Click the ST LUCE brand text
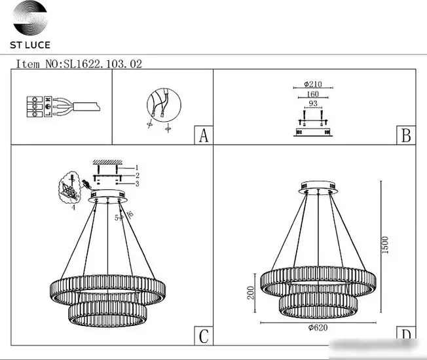click(30, 45)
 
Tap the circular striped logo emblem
click(30, 18)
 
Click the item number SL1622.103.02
click(103, 64)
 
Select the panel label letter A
click(204, 135)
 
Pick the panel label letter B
click(406, 135)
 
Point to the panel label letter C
click(204, 336)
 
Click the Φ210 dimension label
click(313, 84)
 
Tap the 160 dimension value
click(312, 94)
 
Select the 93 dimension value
click(313, 103)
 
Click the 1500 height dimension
click(385, 245)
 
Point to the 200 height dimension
click(250, 293)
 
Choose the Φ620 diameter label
click(318, 327)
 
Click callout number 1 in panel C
click(137, 168)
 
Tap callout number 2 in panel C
click(138, 175)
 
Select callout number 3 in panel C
click(138, 184)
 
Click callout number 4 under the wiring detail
click(73, 207)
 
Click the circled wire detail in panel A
click(164, 105)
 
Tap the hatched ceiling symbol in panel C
click(107, 162)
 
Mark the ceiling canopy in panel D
click(318, 187)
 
